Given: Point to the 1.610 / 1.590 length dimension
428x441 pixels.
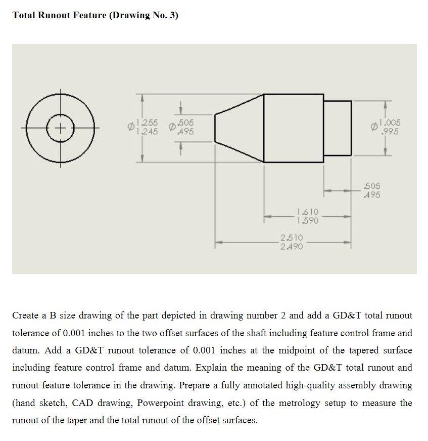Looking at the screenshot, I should point(307,217).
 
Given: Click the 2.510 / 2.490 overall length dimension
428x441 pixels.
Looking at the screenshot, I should point(292,242).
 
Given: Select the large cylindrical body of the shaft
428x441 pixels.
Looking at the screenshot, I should point(294,128).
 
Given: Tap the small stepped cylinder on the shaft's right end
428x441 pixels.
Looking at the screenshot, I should point(337,128).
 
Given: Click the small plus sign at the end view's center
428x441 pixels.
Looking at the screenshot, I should point(61,127).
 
